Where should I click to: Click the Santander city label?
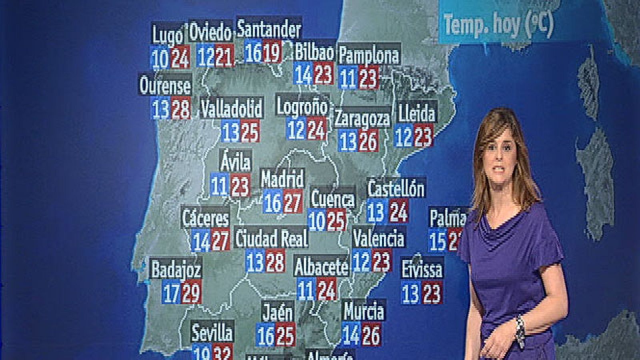(269, 29)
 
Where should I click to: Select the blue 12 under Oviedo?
(206, 57)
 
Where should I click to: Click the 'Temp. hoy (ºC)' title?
(498, 24)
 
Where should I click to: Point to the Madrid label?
(282, 179)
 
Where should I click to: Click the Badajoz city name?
(176, 270)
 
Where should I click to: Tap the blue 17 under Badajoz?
(171, 294)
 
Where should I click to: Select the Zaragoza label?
(362, 118)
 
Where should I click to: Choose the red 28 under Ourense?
(181, 109)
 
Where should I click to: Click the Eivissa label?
(422, 270)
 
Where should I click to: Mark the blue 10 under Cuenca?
(317, 221)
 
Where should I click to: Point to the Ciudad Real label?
(272, 238)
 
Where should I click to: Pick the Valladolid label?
(232, 109)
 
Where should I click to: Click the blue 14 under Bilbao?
(303, 75)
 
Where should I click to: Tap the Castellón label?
(396, 188)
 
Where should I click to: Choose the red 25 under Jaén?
(285, 335)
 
